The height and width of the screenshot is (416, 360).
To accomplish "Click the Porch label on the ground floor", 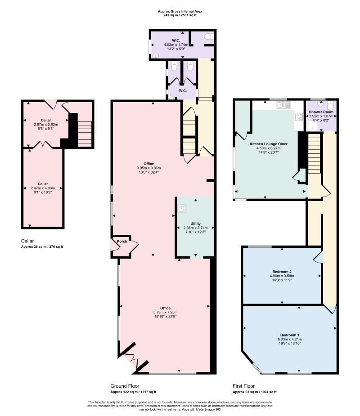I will [x=122, y=242].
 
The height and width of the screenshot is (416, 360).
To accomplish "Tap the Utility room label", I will [x=195, y=223].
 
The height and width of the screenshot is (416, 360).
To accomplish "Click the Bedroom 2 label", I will [x=282, y=271].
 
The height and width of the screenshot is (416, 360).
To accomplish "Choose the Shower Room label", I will [x=320, y=112].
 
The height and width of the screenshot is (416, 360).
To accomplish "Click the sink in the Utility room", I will [x=181, y=208].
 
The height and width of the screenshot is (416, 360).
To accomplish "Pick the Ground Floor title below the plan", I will [x=125, y=386].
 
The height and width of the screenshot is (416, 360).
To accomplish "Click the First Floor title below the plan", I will [x=244, y=386].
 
